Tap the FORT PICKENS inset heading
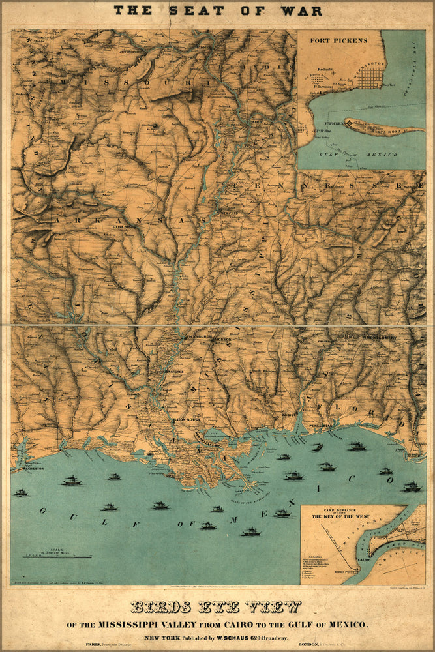[x=338, y=40]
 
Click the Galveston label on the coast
[x=25, y=468]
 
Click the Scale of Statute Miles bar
[x=57, y=556]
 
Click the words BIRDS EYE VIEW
[x=216, y=607]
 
